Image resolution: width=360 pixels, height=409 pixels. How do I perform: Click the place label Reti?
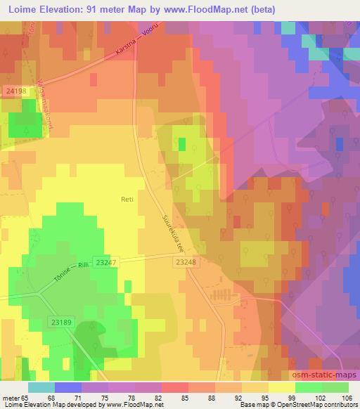click(x=127, y=200)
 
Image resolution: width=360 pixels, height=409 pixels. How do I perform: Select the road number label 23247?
click(x=105, y=261)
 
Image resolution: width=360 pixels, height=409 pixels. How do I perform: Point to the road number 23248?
click(x=184, y=261)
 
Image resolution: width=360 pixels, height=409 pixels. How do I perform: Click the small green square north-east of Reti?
click(x=183, y=144)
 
